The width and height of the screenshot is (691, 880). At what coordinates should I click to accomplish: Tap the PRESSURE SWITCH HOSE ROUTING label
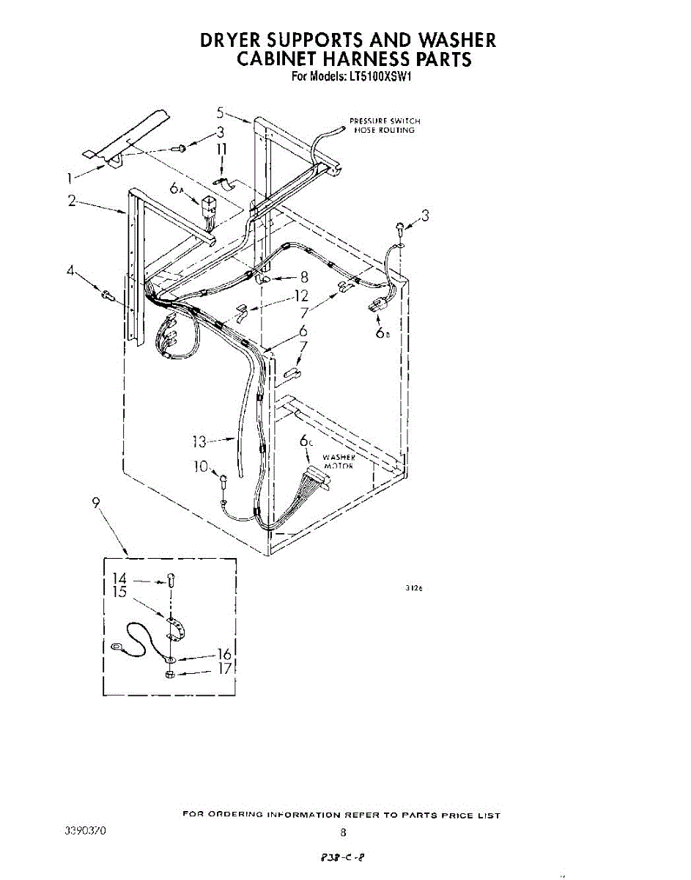tap(385, 125)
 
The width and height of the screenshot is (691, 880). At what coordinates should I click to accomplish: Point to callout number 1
tap(70, 177)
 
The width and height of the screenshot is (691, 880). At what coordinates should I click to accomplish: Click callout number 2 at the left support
tap(73, 200)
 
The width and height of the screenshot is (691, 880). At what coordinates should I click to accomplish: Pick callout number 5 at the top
tap(220, 112)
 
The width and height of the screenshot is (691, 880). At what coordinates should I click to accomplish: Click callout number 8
tap(304, 277)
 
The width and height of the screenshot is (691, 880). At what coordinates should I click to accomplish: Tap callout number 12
tap(300, 297)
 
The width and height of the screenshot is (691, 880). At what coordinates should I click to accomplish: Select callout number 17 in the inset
tap(226, 669)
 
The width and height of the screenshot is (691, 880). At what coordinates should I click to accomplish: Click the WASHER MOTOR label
tap(338, 461)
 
